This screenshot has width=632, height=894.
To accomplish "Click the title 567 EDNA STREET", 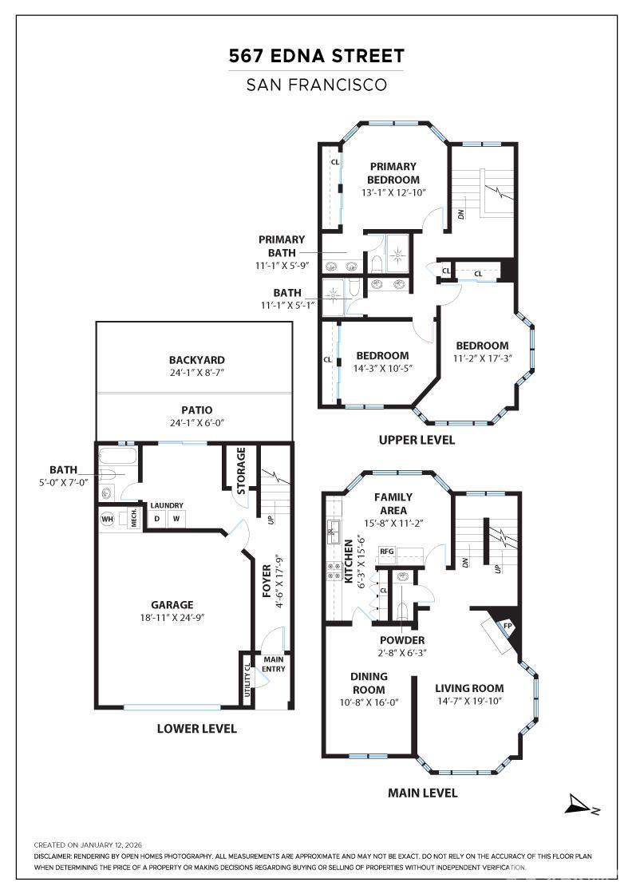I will pyautogui.click(x=316, y=56).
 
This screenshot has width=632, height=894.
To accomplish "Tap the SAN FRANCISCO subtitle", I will pyautogui.click(x=316, y=84).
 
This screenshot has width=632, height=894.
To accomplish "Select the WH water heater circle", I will pyautogui.click(x=107, y=520).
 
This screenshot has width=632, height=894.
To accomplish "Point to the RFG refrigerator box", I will pyautogui.click(x=387, y=551).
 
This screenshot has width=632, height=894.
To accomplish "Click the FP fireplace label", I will pyautogui.click(x=507, y=626).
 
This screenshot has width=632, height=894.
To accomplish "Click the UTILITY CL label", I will pyautogui.click(x=247, y=680).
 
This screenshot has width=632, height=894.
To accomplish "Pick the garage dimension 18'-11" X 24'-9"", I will pyautogui.click(x=172, y=618).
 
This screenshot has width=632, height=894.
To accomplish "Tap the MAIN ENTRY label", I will pyautogui.click(x=273, y=663).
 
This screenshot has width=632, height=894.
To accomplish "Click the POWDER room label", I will pyautogui.click(x=401, y=640).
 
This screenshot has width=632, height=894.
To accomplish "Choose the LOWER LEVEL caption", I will pyautogui.click(x=196, y=728).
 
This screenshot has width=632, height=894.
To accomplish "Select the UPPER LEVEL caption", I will pyautogui.click(x=417, y=440).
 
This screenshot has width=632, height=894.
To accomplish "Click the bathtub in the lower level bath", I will pyautogui.click(x=117, y=457).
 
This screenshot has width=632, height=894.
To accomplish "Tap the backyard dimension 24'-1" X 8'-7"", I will pyautogui.click(x=196, y=374).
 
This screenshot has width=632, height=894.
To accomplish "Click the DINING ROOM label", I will pyautogui.click(x=369, y=683).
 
